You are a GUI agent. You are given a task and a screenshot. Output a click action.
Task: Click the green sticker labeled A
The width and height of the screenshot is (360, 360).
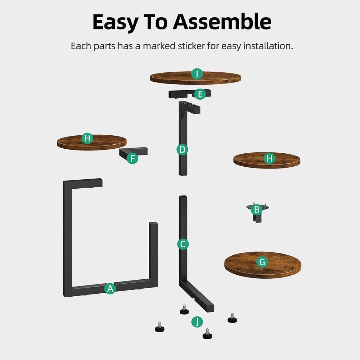click(x=110, y=288)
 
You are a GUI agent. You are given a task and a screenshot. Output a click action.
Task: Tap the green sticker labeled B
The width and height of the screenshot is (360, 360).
click(x=257, y=210)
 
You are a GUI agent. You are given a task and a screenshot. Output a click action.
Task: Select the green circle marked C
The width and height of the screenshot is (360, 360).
click(x=183, y=244)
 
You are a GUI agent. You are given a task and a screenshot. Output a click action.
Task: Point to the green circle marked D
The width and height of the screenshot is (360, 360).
click(x=182, y=149)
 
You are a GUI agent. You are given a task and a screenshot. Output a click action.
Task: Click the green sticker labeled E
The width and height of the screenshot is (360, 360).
click(x=200, y=94)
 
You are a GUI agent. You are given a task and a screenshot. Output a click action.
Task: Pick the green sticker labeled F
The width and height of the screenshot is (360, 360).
click(x=132, y=158)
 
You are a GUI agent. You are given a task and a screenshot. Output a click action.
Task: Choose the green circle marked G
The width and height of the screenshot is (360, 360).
click(x=262, y=262)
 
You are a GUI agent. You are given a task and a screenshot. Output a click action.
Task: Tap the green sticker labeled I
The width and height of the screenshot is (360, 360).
click(x=197, y=74)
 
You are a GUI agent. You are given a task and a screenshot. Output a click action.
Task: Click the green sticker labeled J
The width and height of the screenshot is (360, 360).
click(x=197, y=321)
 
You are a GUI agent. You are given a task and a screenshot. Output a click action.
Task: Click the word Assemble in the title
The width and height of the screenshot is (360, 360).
click(x=222, y=22)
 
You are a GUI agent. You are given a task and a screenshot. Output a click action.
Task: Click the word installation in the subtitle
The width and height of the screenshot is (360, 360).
click(x=268, y=46)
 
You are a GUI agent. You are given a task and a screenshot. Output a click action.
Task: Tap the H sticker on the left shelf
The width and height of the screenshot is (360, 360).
click(x=87, y=138)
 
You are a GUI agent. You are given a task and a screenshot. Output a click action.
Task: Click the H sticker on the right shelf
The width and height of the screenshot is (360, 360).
click(x=269, y=158)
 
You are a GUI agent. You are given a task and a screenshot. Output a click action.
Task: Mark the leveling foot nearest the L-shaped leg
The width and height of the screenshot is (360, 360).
click(x=184, y=310)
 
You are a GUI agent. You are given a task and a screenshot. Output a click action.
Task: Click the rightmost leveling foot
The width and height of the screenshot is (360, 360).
click(x=232, y=318)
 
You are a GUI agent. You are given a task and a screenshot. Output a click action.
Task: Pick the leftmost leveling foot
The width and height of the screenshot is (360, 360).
click(x=159, y=327)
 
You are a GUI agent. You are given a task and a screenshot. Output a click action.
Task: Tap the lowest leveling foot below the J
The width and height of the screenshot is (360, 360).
click(x=207, y=334)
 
